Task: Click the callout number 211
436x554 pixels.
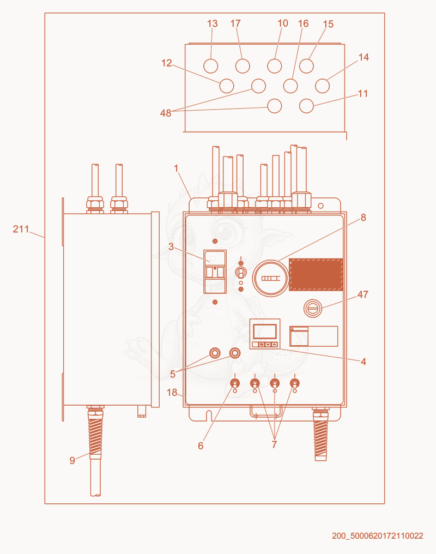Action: (x=21, y=230)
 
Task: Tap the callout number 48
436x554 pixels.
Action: (x=166, y=113)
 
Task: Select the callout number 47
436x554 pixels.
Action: (x=362, y=294)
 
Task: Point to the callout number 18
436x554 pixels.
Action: (x=172, y=393)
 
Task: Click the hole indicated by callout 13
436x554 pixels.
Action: (x=211, y=66)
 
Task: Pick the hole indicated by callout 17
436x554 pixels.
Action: (x=243, y=66)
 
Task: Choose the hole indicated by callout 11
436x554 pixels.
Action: (x=306, y=106)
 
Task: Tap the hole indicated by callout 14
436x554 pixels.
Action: (x=322, y=86)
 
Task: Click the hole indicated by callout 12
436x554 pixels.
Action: (x=227, y=86)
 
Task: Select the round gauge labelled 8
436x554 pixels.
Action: (x=271, y=278)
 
